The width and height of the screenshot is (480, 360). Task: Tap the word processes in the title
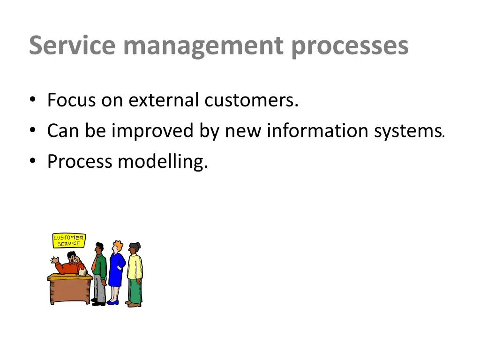tap(349, 46)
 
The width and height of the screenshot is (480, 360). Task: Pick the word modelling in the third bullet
tap(162, 161)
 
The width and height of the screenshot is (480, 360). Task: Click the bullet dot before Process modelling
tap(32, 162)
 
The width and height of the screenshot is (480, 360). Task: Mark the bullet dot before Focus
tap(32, 100)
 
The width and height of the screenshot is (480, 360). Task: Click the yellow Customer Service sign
tap(69, 240)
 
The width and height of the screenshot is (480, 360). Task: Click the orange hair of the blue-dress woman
tap(118, 246)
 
